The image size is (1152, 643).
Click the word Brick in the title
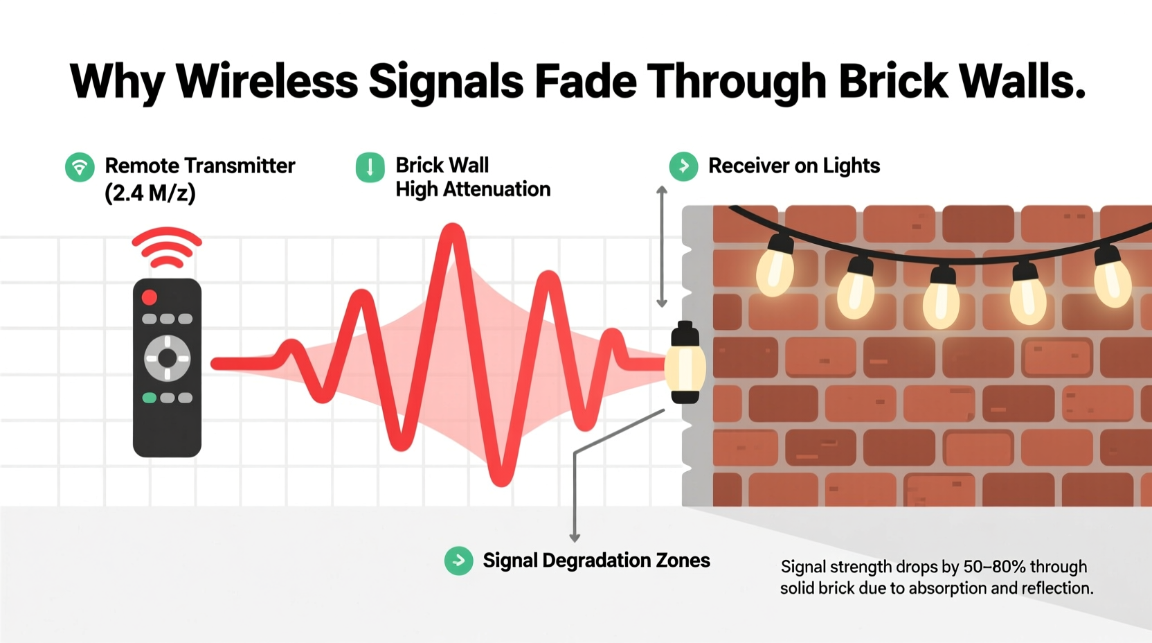click(893, 81)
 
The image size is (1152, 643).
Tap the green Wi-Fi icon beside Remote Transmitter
click(80, 167)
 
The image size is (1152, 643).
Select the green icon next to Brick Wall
click(370, 167)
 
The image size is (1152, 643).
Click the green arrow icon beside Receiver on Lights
click(683, 166)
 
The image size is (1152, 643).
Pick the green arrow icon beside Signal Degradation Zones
click(459, 561)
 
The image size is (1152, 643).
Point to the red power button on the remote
click(150, 297)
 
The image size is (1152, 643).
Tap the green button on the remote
click(149, 398)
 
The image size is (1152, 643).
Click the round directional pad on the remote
click(167, 358)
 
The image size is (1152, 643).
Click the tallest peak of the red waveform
click(453, 227)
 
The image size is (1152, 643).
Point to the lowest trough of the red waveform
click(501, 482)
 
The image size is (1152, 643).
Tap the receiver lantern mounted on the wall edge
click(685, 362)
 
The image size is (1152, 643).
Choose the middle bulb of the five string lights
click(941, 299)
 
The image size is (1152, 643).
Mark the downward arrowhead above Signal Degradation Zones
click(575, 538)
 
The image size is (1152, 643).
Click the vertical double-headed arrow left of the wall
click(662, 247)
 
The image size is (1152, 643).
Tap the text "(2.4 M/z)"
click(150, 193)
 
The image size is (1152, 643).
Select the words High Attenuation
click(473, 189)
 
